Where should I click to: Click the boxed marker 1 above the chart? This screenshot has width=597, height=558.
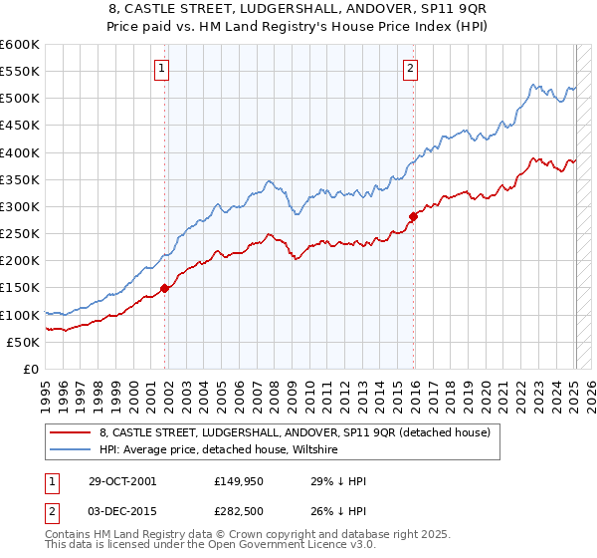tap(162, 69)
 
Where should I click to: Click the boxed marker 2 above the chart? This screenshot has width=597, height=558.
tap(410, 69)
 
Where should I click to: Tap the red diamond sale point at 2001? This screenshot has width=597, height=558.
tap(165, 288)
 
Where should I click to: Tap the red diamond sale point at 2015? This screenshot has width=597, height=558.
tap(413, 215)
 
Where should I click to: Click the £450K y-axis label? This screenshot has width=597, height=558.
tap(20, 126)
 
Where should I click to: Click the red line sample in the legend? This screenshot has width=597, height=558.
tap(70, 433)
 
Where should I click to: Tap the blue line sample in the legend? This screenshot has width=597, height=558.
tap(70, 450)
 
